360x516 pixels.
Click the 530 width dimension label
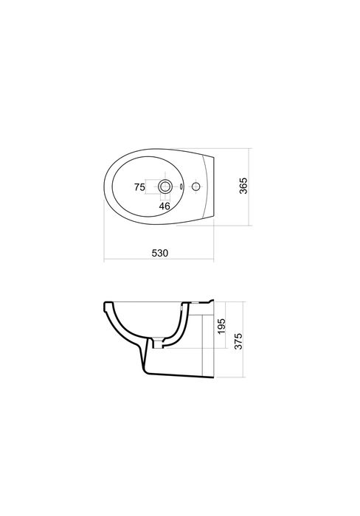click(161, 252)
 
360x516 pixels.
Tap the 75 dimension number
click(139, 188)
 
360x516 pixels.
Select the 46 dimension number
click(165, 207)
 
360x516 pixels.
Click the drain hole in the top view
click(166, 187)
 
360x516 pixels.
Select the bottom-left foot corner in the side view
click(143, 377)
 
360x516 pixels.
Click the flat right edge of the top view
click(215, 186)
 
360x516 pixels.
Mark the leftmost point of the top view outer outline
click(103, 186)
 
